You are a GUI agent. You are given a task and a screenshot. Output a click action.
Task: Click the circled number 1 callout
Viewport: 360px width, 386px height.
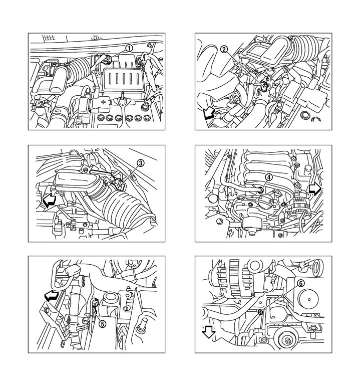pyautogui.click(x=129, y=48)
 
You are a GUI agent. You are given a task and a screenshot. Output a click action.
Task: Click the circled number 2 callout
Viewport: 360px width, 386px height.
pyautogui.click(x=224, y=49)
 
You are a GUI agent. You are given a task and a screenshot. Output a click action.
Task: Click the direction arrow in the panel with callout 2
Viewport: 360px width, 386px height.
pyautogui.click(x=208, y=114)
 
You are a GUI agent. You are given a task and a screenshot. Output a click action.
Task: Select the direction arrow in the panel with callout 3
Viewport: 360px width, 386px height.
pyautogui.click(x=50, y=200)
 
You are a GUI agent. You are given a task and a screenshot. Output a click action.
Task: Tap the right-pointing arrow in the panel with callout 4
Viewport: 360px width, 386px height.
pyautogui.click(x=315, y=189)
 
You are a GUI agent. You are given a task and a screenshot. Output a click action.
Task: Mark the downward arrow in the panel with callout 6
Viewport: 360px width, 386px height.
pyautogui.click(x=208, y=332)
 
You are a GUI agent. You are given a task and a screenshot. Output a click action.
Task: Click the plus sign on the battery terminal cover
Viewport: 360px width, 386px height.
pyautogui.click(x=103, y=102)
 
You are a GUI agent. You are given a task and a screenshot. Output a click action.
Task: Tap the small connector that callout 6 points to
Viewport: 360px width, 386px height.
pyautogui.click(x=259, y=312)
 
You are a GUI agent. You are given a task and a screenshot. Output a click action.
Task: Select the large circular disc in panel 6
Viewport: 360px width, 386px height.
pyautogui.click(x=308, y=299)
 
